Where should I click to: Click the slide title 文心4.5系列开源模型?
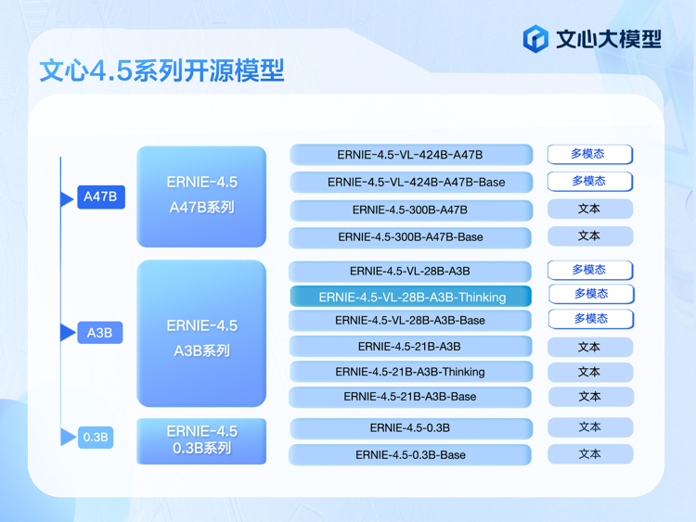[161, 71]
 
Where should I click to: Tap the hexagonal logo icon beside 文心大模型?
[535, 38]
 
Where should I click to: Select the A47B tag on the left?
[101, 197]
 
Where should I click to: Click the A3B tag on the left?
[99, 333]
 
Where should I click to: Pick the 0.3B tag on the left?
[96, 437]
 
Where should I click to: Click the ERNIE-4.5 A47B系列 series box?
[201, 196]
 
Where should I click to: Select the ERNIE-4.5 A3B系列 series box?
[201, 334]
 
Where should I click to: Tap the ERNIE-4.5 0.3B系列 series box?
[201, 440]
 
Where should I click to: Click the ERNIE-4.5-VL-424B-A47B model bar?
[410, 155]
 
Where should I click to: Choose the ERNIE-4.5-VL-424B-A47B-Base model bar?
[410, 182]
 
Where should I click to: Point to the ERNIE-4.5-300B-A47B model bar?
[410, 210]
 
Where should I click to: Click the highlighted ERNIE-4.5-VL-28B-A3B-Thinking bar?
[411, 297]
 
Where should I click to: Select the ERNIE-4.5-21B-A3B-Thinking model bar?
[410, 372]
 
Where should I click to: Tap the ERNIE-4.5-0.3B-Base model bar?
[410, 455]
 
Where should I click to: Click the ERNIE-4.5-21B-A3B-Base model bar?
[410, 397]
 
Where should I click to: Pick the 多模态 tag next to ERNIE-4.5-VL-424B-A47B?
[589, 154]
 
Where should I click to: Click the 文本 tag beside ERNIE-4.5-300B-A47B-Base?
[589, 236]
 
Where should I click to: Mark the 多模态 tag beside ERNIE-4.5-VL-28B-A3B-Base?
[590, 319]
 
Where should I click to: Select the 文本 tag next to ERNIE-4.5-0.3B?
[589, 427]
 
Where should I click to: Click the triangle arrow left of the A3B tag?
[67, 333]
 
